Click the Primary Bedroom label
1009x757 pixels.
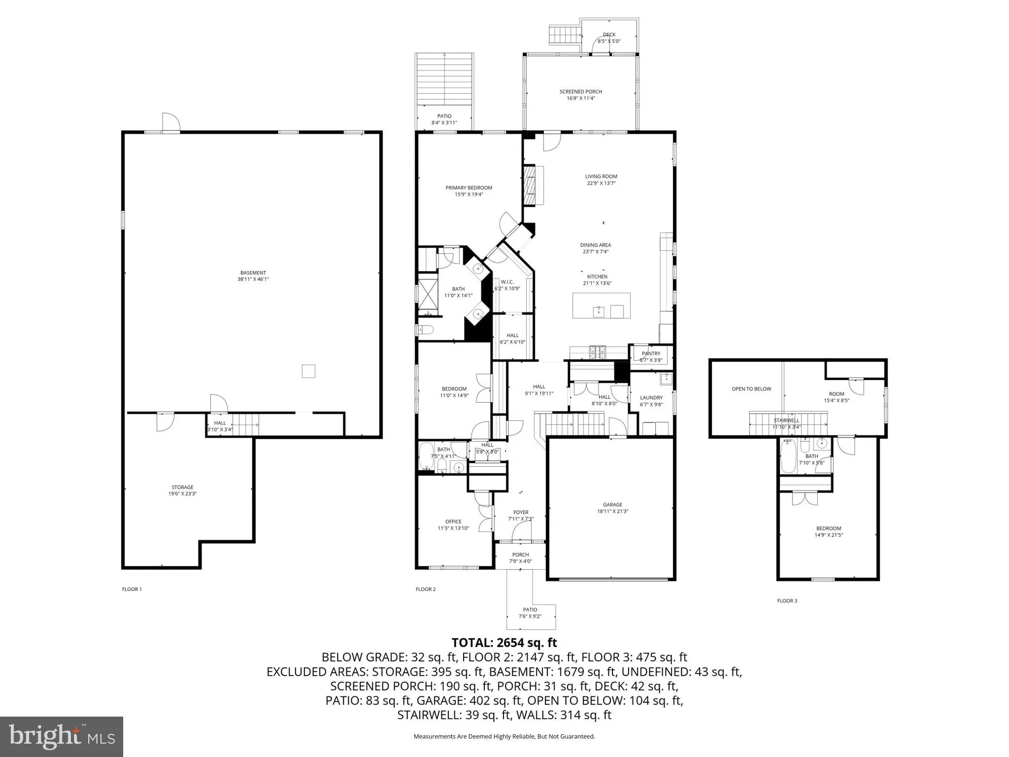coord(469,188)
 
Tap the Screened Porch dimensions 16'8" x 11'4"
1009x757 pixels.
coord(581,98)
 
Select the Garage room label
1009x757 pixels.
coord(612,505)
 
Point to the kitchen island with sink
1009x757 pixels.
coord(601,306)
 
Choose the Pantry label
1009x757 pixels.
coord(651,354)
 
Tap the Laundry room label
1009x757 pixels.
coord(651,398)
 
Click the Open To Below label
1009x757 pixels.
coord(751,389)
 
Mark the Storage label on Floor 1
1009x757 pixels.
coord(182,488)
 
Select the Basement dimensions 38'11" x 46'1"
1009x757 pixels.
coord(253,279)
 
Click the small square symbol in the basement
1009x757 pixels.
coord(308,371)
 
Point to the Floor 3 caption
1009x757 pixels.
coord(787,601)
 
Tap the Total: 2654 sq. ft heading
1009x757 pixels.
coord(504,642)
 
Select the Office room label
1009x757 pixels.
coord(453,522)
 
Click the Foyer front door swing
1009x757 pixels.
coord(522,531)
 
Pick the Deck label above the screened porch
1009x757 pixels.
coord(609,35)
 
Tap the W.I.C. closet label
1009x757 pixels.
coord(507,282)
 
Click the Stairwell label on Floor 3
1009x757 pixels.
coord(786,420)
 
